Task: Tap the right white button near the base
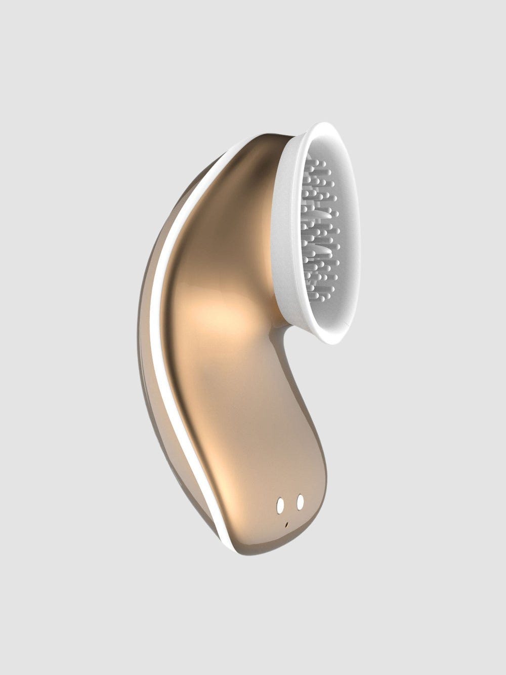click(301, 501)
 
